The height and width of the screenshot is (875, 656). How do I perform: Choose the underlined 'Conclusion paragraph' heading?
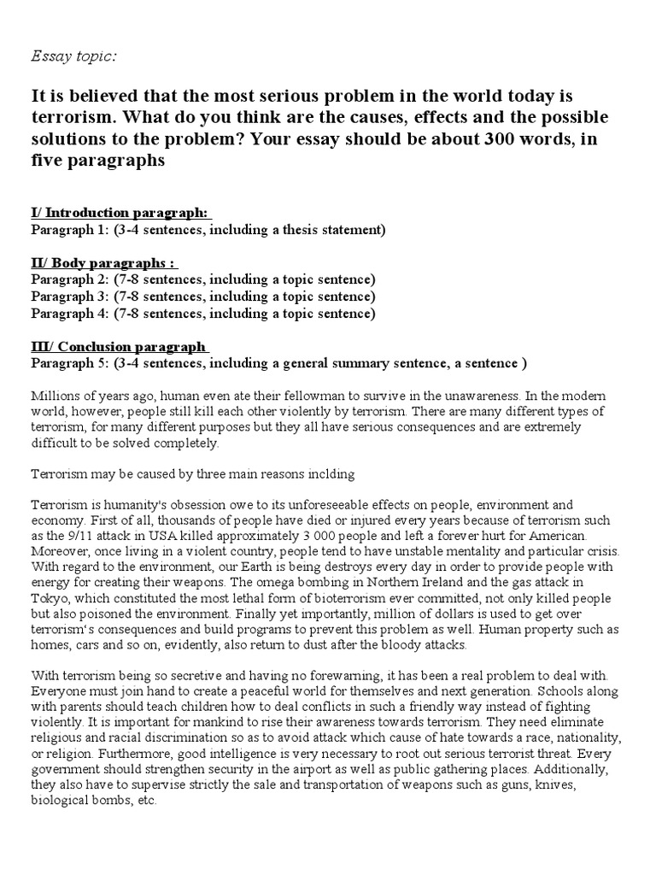click(x=119, y=346)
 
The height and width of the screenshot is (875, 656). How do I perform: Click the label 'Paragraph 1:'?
click(x=68, y=229)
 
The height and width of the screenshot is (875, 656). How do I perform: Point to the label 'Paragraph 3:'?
click(x=68, y=296)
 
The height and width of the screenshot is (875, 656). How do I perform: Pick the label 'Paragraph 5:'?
click(x=68, y=362)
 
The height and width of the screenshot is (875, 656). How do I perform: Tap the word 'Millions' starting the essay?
click(x=55, y=396)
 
